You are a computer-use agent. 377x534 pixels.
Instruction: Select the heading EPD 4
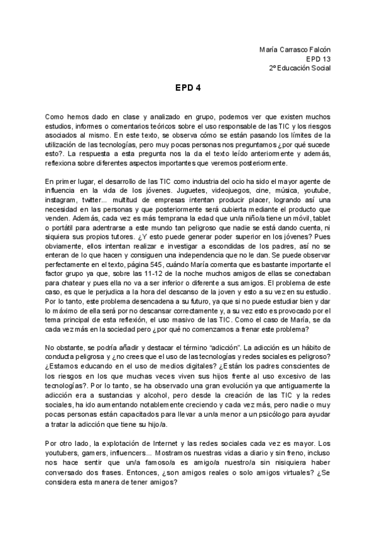(x=188, y=88)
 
